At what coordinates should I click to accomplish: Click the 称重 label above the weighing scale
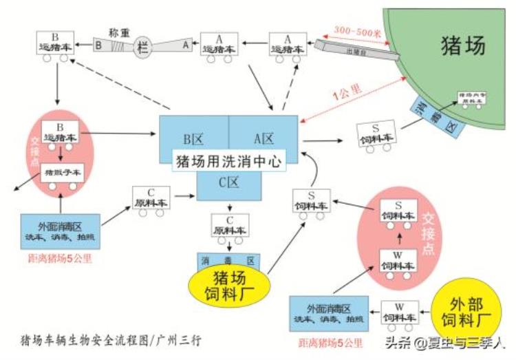[120, 32]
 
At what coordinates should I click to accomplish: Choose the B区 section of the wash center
[193, 139]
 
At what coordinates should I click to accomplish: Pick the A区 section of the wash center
[264, 139]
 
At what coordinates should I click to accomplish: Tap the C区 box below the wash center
[228, 183]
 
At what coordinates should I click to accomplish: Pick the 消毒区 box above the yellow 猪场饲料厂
[227, 261]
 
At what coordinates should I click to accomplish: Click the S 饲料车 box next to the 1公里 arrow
[376, 134]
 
